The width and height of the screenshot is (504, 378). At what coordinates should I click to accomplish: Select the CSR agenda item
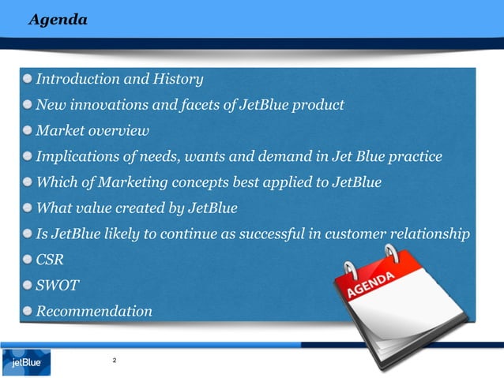[x=50, y=260]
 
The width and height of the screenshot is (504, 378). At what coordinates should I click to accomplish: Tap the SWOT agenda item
[x=56, y=285]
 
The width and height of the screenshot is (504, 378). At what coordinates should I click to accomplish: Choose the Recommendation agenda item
[x=94, y=311]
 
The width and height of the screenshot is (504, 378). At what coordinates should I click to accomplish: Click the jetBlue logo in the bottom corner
[x=26, y=363]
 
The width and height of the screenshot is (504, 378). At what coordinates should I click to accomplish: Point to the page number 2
[x=115, y=361]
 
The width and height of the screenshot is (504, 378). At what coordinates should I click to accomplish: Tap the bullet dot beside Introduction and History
[x=28, y=79]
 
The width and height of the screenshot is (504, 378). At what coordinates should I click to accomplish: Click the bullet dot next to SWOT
[x=28, y=285]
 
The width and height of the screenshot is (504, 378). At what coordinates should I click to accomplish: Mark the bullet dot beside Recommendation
[x=28, y=311]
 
